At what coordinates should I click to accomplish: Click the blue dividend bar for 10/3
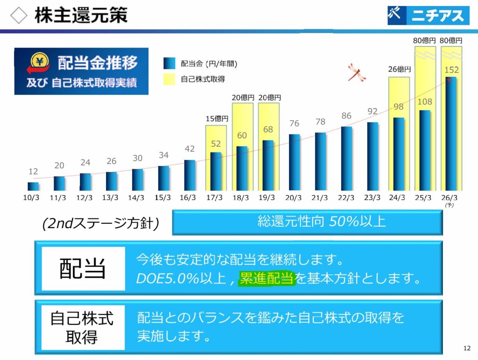[33, 186]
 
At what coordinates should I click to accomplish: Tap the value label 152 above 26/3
[451, 70]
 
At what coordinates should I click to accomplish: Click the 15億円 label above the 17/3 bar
[216, 119]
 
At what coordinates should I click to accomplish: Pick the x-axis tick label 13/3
[111, 197]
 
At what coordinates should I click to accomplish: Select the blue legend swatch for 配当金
[169, 63]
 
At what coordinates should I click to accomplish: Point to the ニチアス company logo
[428, 15]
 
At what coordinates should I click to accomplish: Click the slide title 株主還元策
[80, 15]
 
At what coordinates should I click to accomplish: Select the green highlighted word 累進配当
[267, 279]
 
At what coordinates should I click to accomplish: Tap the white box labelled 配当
[84, 269]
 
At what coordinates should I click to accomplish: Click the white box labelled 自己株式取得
[82, 327]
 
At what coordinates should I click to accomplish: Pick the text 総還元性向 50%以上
[322, 222]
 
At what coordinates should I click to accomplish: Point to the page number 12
[467, 348]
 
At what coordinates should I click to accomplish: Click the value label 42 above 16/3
[190, 149]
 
